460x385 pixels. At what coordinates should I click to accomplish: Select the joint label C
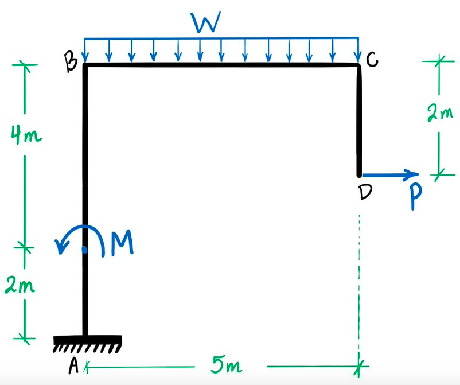(x=372, y=58)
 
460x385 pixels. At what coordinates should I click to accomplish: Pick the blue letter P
(x=415, y=197)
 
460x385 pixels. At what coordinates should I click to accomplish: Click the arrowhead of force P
(x=412, y=174)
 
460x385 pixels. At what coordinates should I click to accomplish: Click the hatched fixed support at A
(x=87, y=344)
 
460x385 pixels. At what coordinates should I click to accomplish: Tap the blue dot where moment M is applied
(x=85, y=250)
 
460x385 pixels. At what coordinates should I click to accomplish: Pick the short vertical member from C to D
(x=359, y=120)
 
